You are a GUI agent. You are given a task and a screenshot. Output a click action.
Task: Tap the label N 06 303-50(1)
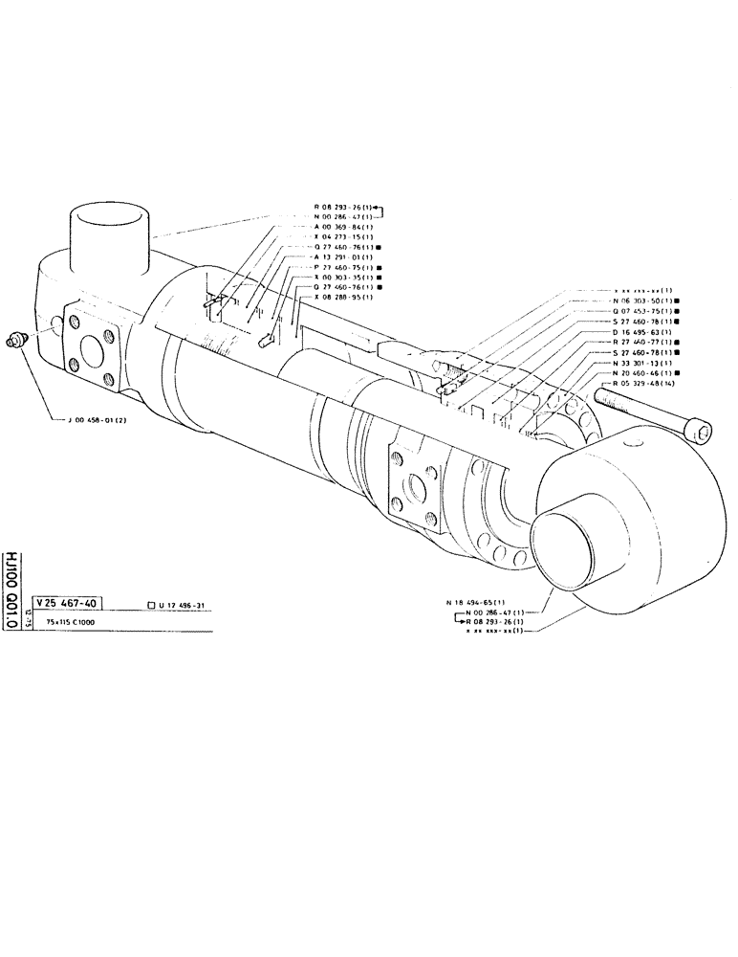coord(640,301)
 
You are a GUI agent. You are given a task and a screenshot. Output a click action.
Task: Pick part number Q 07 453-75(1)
coord(640,312)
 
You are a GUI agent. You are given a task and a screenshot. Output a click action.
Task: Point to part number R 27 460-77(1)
coord(640,343)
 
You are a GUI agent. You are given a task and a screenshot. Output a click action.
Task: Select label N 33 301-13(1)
coord(640,363)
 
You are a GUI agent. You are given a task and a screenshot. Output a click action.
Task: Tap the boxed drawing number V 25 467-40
coord(68,603)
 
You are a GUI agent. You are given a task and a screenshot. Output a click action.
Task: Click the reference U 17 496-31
coord(185,604)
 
